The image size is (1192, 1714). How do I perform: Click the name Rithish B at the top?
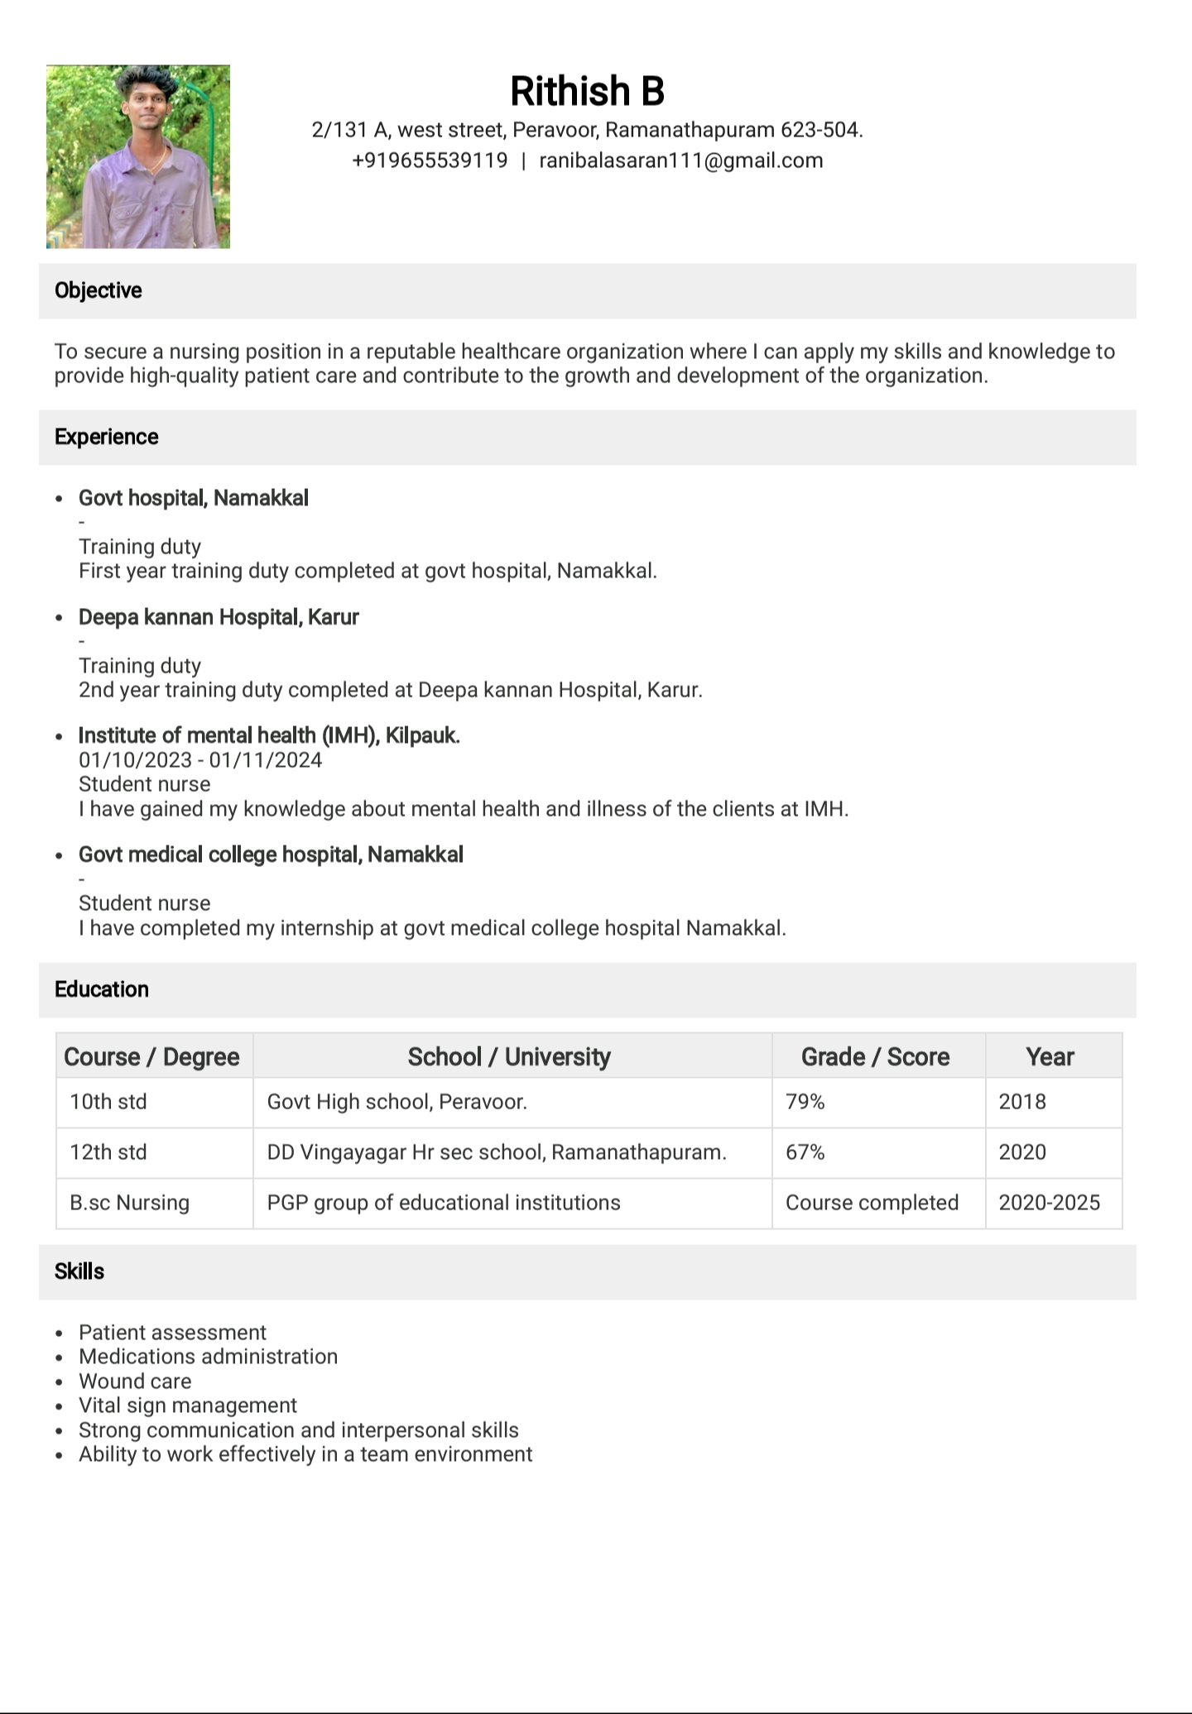pyautogui.click(x=587, y=91)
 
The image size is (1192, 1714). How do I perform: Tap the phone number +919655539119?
pyautogui.click(x=430, y=160)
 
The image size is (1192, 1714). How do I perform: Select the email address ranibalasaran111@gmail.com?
pyautogui.click(x=681, y=160)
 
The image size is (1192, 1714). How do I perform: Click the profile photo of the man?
pyautogui.click(x=138, y=157)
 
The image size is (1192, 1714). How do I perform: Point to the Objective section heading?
pyautogui.click(x=99, y=290)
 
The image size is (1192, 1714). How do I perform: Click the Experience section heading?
pyautogui.click(x=107, y=437)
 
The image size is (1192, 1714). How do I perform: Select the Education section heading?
pyautogui.click(x=102, y=989)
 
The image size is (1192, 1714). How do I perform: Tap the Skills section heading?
pyautogui.click(x=79, y=1271)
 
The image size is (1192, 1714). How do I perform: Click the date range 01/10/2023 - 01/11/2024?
pyautogui.click(x=200, y=760)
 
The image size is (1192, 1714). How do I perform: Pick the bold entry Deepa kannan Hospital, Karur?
pyautogui.click(x=219, y=617)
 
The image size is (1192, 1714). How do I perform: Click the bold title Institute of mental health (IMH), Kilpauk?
pyautogui.click(x=269, y=735)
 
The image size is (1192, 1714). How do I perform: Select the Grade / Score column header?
pyautogui.click(x=875, y=1056)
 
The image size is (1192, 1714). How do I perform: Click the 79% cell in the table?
pyautogui.click(x=805, y=1102)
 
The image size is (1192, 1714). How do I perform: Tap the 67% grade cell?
pyautogui.click(x=805, y=1152)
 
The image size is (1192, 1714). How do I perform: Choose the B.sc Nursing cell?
pyautogui.click(x=130, y=1203)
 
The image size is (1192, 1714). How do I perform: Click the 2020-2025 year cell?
pyautogui.click(x=1050, y=1203)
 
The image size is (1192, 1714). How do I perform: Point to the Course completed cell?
pyautogui.click(x=872, y=1203)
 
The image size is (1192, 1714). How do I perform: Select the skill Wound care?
pyautogui.click(x=135, y=1381)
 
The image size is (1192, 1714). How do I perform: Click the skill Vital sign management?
pyautogui.click(x=188, y=1405)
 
